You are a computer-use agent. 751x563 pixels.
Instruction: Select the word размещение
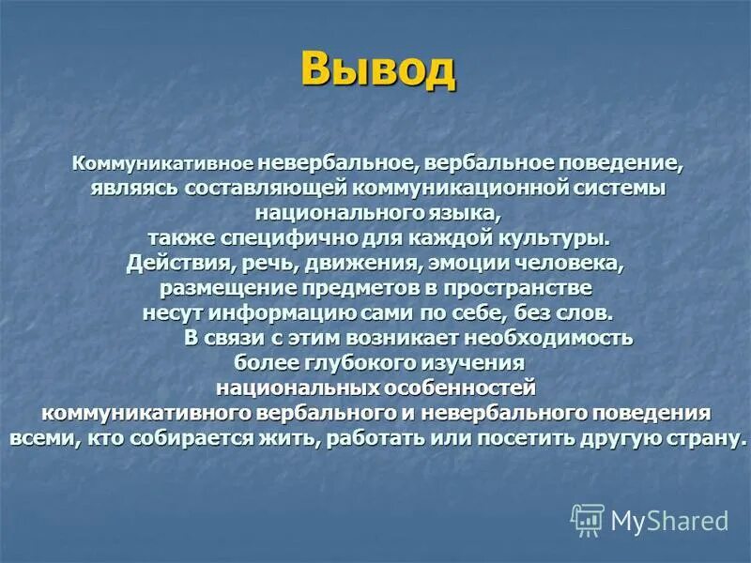(215, 286)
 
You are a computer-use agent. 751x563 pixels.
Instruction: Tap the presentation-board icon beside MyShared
(588, 520)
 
